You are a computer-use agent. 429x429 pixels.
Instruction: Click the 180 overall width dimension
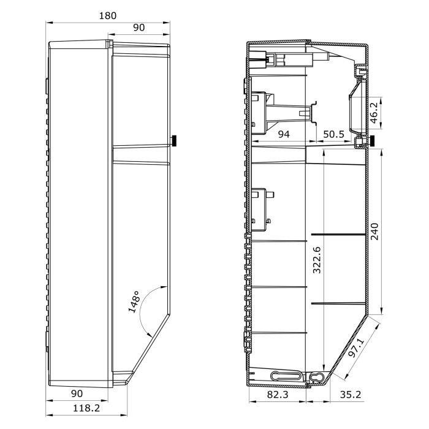click(x=108, y=15)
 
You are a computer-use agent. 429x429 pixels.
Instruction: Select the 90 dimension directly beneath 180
click(x=139, y=28)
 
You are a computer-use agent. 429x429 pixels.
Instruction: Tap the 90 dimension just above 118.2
click(x=77, y=392)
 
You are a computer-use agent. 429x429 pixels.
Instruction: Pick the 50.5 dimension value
click(x=334, y=134)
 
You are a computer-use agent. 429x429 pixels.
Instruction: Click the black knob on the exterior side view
click(x=174, y=142)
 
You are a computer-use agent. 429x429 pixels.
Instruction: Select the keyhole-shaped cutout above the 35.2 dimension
click(x=316, y=378)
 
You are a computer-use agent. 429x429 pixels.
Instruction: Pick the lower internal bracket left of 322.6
click(x=262, y=208)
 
